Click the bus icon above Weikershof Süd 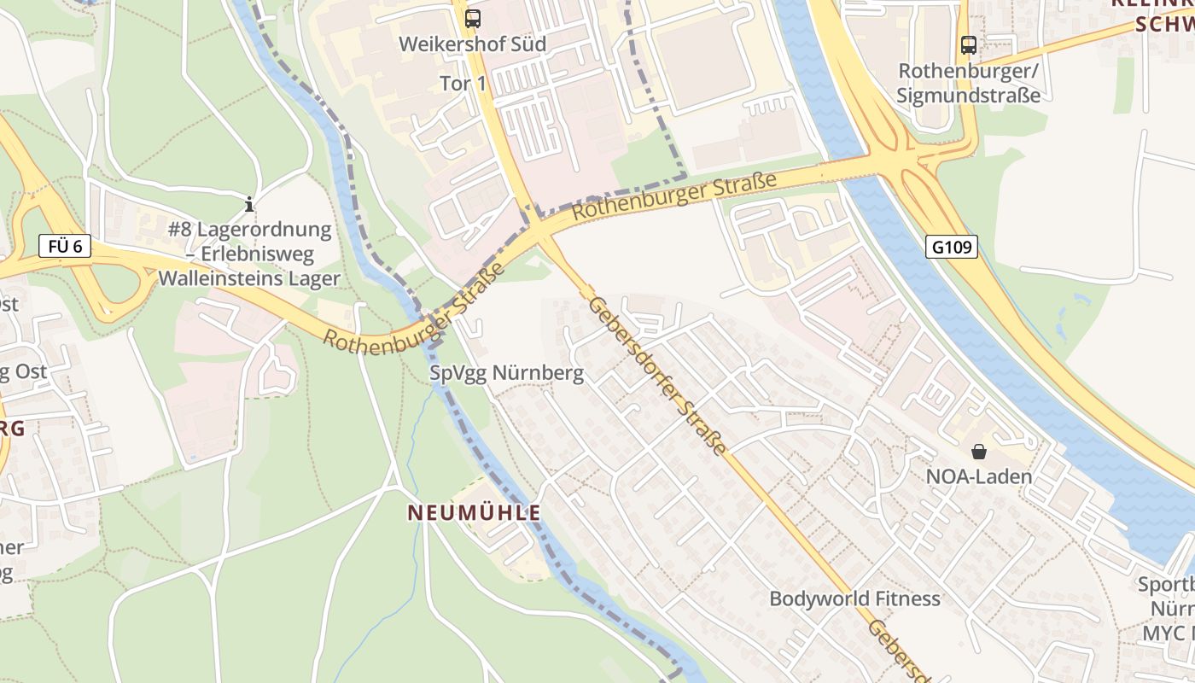pos(472,18)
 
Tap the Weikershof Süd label pos(472,44)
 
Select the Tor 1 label pos(463,84)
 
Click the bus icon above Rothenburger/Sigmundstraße pos(968,44)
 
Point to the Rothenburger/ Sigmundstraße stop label pos(968,83)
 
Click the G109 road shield pos(951,248)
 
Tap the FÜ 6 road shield pos(65,247)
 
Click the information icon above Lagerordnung pos(249,204)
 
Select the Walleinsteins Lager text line pos(249,278)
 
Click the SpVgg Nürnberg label pos(507,373)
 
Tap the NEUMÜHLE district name pos(474,513)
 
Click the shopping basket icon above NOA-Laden pos(978,451)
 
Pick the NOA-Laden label pos(978,476)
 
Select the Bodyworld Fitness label pos(854,598)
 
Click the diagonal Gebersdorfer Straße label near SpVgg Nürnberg pos(657,376)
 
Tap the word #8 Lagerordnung pos(249,229)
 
